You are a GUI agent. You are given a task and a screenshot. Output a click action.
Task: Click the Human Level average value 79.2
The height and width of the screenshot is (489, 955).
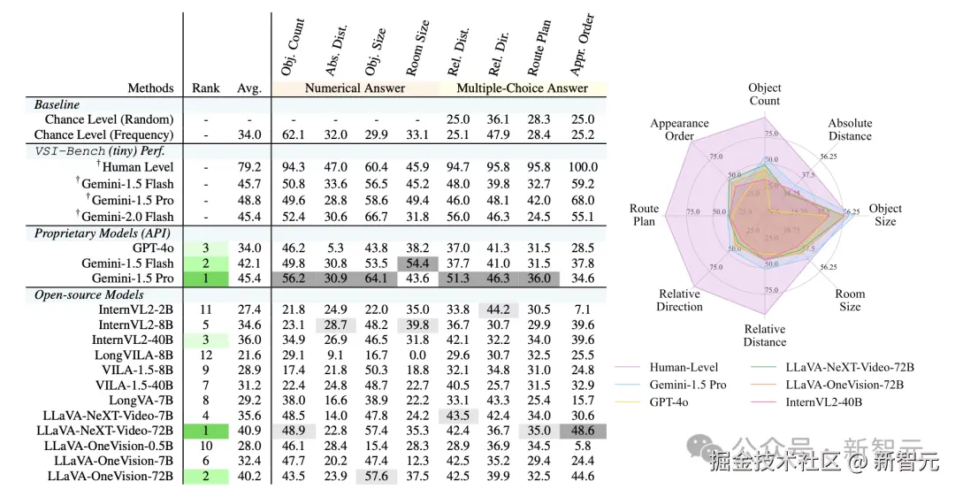pyautogui.click(x=249, y=166)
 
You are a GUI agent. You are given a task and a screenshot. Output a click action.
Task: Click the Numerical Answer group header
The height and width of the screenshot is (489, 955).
pyautogui.click(x=355, y=88)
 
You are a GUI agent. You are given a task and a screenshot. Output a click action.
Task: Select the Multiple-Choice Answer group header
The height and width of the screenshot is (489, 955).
pyautogui.click(x=522, y=88)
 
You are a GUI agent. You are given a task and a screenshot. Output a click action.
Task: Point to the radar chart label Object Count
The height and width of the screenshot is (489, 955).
pyautogui.click(x=764, y=95)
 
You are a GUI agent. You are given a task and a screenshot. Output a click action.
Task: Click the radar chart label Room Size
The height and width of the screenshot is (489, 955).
pyautogui.click(x=850, y=301)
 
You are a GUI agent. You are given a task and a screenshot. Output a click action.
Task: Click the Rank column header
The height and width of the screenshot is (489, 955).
pyautogui.click(x=206, y=88)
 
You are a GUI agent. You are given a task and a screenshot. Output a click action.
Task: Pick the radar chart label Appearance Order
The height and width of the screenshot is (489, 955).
pyautogui.click(x=679, y=130)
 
